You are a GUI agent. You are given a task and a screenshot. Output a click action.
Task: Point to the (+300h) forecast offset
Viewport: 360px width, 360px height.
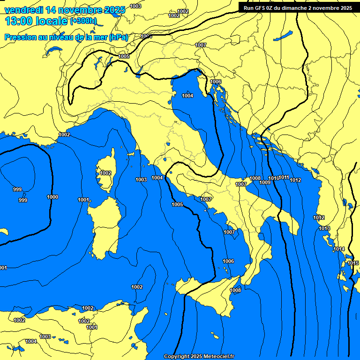click(83, 21)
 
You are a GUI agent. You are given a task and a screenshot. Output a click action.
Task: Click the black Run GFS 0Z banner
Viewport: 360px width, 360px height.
click(298, 8)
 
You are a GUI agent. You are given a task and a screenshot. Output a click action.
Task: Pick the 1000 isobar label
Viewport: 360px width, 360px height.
click(52, 197)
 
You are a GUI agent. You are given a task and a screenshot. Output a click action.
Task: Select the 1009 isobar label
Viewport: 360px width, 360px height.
click(265, 182)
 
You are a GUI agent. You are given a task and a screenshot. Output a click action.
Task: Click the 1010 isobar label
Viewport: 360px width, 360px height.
click(274, 179)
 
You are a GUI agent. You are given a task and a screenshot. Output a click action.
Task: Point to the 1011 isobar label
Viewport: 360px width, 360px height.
click(284, 178)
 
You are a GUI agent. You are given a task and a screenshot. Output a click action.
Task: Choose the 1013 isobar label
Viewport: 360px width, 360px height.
click(324, 228)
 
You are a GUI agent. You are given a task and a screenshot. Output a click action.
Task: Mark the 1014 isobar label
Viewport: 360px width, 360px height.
click(339, 249)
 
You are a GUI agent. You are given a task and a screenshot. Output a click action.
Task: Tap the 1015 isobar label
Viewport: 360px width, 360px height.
click(353, 263)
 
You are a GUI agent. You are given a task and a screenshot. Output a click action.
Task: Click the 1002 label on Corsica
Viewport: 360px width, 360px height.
click(105, 173)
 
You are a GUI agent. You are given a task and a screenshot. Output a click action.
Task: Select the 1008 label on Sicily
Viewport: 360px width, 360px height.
click(235, 290)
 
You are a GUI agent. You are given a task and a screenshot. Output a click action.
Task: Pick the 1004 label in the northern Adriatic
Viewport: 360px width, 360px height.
click(187, 96)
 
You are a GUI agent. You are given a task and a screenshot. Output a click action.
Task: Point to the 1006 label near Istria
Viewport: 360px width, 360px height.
click(216, 82)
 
